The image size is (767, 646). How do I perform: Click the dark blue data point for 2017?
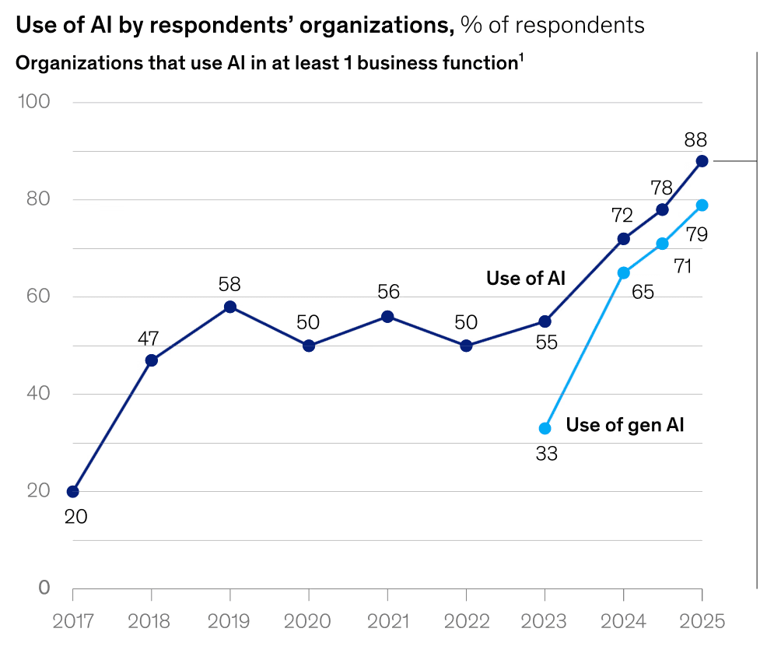(x=73, y=491)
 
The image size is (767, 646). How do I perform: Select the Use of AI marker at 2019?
(x=230, y=307)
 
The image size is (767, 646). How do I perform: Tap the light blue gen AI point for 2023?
(x=545, y=428)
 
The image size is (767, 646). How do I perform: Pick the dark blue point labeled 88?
(x=702, y=161)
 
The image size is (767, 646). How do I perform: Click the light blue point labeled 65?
(x=623, y=272)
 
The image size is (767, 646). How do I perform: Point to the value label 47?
(x=149, y=339)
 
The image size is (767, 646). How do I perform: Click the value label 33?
(x=547, y=454)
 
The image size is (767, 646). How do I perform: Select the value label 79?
(x=696, y=233)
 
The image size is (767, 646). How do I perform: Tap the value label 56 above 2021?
(x=387, y=292)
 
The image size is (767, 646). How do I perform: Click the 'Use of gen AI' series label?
(x=625, y=425)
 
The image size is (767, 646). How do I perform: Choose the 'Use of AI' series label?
(x=526, y=278)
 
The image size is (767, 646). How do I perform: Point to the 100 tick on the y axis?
(x=33, y=102)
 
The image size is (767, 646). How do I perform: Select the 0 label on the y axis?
(x=44, y=588)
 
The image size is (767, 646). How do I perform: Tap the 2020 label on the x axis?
(x=309, y=621)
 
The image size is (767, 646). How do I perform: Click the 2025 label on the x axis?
(x=702, y=621)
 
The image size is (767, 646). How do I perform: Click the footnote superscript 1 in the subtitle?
(x=520, y=58)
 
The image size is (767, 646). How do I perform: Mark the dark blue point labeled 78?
(x=662, y=209)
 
